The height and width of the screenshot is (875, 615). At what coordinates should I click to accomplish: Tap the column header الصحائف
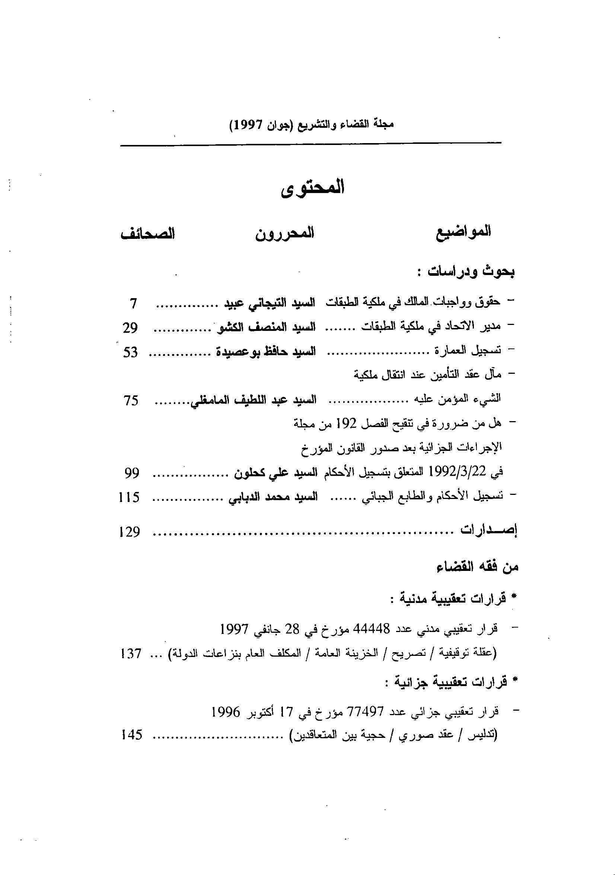click(x=148, y=234)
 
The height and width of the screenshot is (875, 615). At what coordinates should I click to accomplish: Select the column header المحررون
click(x=284, y=233)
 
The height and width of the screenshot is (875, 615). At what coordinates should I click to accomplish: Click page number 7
click(x=133, y=304)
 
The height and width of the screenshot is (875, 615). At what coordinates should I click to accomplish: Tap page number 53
click(x=130, y=352)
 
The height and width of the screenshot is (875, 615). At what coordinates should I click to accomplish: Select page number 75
click(x=131, y=401)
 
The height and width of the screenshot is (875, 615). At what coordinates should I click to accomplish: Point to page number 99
click(x=132, y=473)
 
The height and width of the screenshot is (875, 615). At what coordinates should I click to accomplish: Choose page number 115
click(x=130, y=498)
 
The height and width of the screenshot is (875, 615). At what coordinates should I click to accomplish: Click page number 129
click(x=130, y=532)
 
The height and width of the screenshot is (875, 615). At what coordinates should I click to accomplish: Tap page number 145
click(x=131, y=735)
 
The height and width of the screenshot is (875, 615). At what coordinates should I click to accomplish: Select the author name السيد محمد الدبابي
click(x=273, y=498)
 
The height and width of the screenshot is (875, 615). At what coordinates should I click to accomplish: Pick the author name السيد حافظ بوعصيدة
click(x=266, y=351)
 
